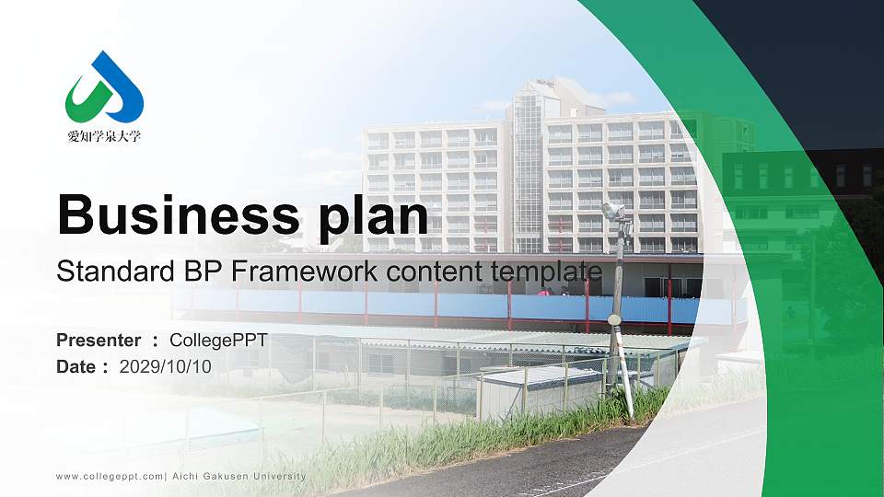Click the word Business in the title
tap(178, 214)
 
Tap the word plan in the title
tap(373, 217)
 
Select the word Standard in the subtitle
tap(116, 271)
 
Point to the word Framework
tap(304, 271)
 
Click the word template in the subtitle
tap(546, 272)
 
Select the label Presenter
tap(99, 341)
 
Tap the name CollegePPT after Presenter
tap(218, 341)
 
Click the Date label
tap(76, 367)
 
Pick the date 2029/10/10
tap(166, 367)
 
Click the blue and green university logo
tap(104, 87)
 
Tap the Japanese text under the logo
tap(104, 136)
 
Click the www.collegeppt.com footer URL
tap(110, 477)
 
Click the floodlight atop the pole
tap(613, 211)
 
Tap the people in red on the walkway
tap(553, 292)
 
